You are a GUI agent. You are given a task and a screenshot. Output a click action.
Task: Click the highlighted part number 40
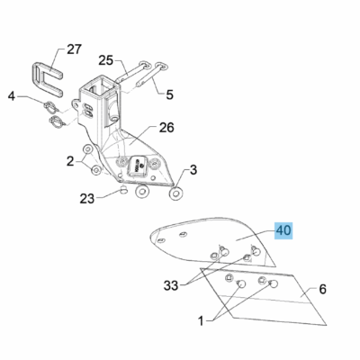(x=283, y=230)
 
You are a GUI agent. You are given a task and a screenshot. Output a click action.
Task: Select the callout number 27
(x=74, y=49)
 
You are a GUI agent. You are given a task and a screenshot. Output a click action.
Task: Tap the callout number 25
(x=106, y=60)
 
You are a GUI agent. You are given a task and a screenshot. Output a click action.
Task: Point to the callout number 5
(x=170, y=94)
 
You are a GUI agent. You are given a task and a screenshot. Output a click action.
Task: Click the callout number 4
(x=12, y=96)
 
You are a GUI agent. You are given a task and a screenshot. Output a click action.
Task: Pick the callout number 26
(x=166, y=128)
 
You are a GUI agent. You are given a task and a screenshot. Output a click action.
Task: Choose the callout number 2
(x=70, y=162)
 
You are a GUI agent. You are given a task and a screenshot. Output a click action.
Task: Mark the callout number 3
(x=193, y=170)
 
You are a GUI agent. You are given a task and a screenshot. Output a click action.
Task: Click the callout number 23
(x=87, y=198)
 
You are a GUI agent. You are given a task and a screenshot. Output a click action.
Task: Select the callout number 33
(x=171, y=285)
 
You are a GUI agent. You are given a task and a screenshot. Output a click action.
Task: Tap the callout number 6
(x=322, y=289)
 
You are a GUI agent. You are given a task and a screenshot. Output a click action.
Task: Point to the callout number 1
(x=201, y=321)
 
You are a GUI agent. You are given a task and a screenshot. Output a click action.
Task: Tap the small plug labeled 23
(x=123, y=190)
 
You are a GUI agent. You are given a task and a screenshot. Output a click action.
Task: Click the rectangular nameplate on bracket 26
(x=138, y=165)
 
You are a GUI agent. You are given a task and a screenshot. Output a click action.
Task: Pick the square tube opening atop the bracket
(x=98, y=84)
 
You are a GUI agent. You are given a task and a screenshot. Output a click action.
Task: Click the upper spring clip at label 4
(x=52, y=107)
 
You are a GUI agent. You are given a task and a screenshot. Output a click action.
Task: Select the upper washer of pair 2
(x=88, y=149)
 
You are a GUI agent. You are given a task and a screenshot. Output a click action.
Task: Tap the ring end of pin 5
(x=161, y=65)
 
